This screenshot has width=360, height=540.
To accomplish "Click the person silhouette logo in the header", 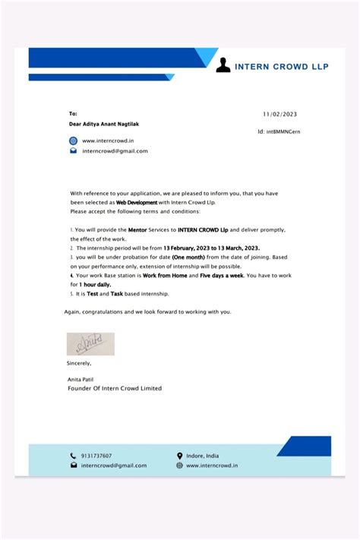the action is tap(223, 65).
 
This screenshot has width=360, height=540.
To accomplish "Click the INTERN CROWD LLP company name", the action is tap(282, 66).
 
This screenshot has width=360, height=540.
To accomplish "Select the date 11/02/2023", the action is tap(279, 114).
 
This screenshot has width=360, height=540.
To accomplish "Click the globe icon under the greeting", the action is tap(74, 141).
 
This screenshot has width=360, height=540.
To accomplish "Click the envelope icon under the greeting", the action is tap(74, 150).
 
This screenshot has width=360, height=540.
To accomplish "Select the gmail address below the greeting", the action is tap(115, 150).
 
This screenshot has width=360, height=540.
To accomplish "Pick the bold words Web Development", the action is tap(136, 203).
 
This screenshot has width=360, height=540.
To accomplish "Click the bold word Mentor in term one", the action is tap(137, 229).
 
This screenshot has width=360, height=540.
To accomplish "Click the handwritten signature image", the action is tap(90, 344).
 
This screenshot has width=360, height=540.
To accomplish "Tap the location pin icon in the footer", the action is tap(179, 456).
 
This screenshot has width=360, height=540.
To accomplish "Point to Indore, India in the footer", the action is tap(203, 456).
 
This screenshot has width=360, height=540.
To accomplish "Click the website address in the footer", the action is tap(213, 465).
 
